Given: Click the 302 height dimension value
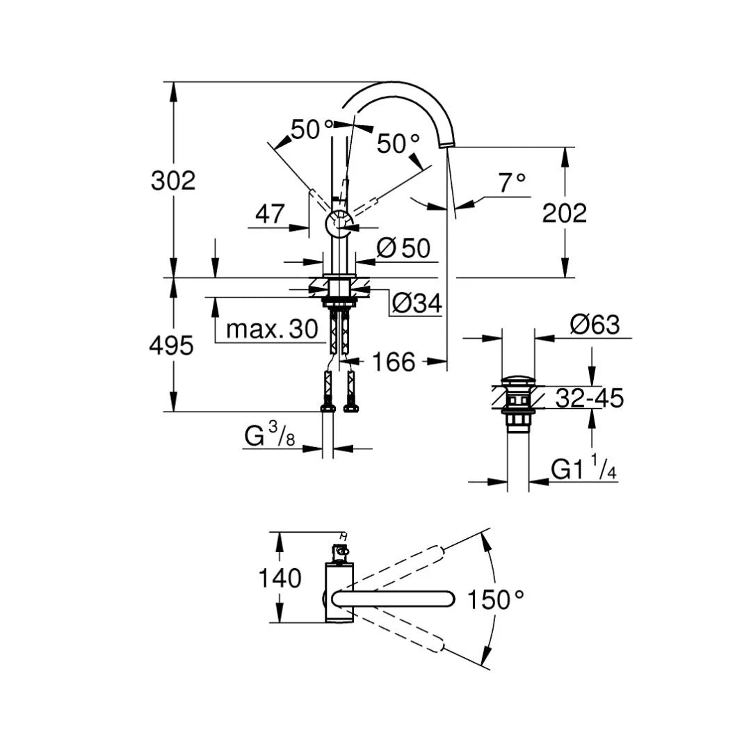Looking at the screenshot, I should (x=173, y=181).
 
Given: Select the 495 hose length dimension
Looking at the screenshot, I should (x=171, y=346).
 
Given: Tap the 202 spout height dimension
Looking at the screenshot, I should (x=565, y=213).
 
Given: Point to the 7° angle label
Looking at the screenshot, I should (x=512, y=183).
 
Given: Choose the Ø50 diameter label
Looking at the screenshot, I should (x=403, y=248).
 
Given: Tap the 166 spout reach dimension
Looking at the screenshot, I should (x=394, y=362).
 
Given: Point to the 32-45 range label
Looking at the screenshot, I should (x=590, y=398).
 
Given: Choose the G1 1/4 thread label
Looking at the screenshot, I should (x=583, y=469).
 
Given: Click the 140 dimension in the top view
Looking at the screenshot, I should (x=280, y=578).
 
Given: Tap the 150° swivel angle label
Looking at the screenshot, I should (x=495, y=599).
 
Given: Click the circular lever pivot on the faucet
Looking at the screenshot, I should (x=340, y=223).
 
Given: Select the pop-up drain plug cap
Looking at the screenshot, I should (x=517, y=381).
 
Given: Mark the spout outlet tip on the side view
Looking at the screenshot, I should (x=446, y=144).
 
